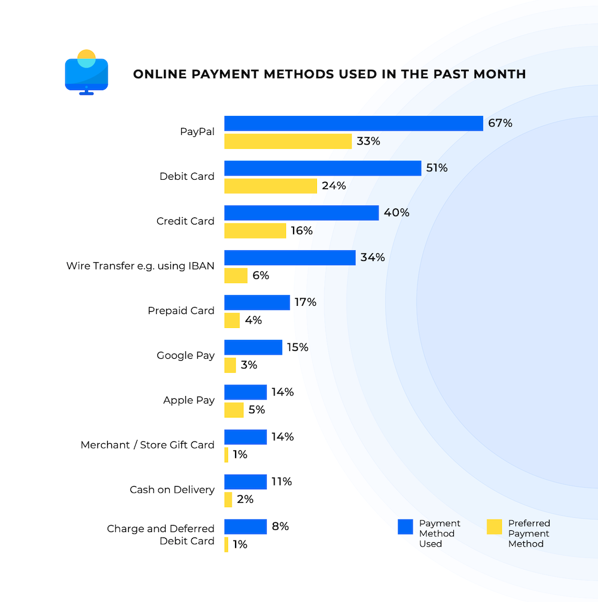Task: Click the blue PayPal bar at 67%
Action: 353,124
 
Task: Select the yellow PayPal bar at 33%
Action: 288,142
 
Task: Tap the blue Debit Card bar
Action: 322,168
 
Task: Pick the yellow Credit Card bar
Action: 255,231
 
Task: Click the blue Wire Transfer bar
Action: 289,257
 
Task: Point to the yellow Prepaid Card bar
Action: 232,320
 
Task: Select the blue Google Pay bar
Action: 253,347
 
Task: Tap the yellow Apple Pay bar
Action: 234,410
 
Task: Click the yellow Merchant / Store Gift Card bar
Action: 226,454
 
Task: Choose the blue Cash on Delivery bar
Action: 245,481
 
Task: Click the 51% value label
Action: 437,168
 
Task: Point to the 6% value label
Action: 261,275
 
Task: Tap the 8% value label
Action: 280,526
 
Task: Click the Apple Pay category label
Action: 188,400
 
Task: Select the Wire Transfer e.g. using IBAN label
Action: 140,266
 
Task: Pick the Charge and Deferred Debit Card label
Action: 160,535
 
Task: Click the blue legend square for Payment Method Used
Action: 405,526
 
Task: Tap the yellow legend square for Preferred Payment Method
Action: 494,526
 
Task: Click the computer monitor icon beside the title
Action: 86,73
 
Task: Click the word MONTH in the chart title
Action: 496,74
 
